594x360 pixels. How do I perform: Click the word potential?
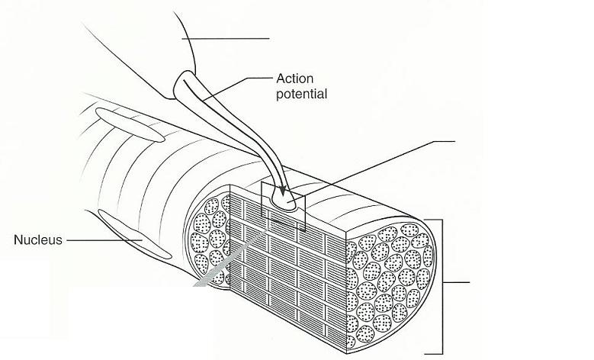[x=301, y=95]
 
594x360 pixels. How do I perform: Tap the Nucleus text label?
[x=37, y=240]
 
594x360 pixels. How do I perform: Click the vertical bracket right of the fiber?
[x=441, y=286]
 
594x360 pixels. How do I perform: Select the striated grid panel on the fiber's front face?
[x=290, y=275]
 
